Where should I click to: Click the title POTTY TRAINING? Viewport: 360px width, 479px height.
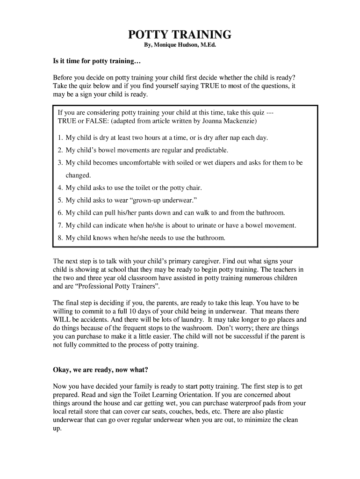tap(180, 35)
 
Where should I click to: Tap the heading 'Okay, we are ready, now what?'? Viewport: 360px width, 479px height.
tap(101, 370)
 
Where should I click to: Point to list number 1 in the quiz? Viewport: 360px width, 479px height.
tap(60, 138)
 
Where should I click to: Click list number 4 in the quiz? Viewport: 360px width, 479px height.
tap(60, 188)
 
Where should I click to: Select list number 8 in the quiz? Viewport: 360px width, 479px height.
tap(60, 238)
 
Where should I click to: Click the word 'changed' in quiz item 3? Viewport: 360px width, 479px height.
tap(78, 175)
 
